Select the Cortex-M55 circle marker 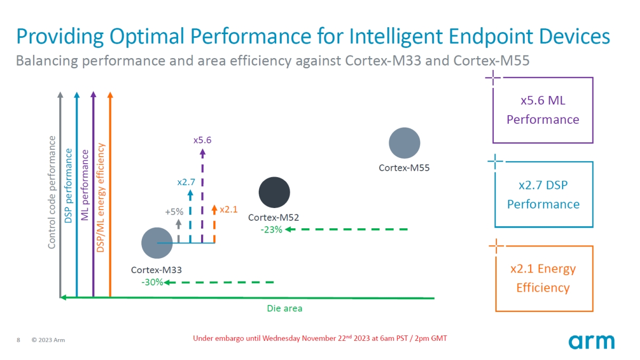pyautogui.click(x=405, y=143)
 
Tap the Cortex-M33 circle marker pyautogui.click(x=157, y=243)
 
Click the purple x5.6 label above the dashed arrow pyautogui.click(x=202, y=140)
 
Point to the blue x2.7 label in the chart pyautogui.click(x=186, y=182)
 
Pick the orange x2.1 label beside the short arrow pyautogui.click(x=228, y=210)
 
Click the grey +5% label pyautogui.click(x=174, y=212)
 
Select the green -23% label pyautogui.click(x=271, y=230)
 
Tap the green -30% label pyautogui.click(x=152, y=282)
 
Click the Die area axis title pyautogui.click(x=284, y=308)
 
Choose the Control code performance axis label pyautogui.click(x=52, y=193)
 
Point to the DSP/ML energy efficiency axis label pyautogui.click(x=101, y=197)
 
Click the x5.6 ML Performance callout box pyautogui.click(x=543, y=110)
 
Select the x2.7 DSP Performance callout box pyautogui.click(x=543, y=195)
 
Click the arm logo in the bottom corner pyautogui.click(x=591, y=341)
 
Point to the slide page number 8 pyautogui.click(x=19, y=340)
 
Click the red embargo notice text pyautogui.click(x=319, y=339)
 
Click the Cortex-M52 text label pyautogui.click(x=274, y=218)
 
